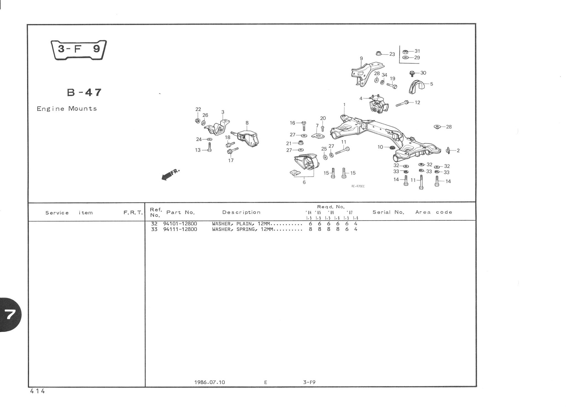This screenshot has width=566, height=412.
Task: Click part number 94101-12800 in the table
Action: tap(180, 224)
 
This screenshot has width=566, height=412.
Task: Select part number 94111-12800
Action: tap(180, 229)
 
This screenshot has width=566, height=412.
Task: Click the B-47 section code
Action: tap(84, 92)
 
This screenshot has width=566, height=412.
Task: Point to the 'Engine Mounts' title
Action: tap(67, 109)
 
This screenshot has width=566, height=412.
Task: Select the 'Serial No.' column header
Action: tap(388, 212)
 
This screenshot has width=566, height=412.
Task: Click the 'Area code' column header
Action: tap(434, 212)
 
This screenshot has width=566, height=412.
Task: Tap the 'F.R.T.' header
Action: tap(133, 213)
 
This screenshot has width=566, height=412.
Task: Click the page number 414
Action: tap(38, 391)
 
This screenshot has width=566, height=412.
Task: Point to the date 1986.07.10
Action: tap(209, 382)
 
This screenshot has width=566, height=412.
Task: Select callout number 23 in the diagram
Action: tap(392, 54)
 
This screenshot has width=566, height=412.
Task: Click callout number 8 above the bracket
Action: tap(247, 123)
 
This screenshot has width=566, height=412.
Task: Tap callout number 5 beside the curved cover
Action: tap(431, 84)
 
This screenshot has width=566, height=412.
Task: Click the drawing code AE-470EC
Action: tap(358, 186)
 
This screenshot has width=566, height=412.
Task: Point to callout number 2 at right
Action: tap(458, 151)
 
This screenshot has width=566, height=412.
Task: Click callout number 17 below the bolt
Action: tap(231, 160)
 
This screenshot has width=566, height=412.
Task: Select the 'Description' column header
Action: tap(241, 212)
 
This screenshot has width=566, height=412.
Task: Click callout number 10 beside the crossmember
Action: tap(380, 147)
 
